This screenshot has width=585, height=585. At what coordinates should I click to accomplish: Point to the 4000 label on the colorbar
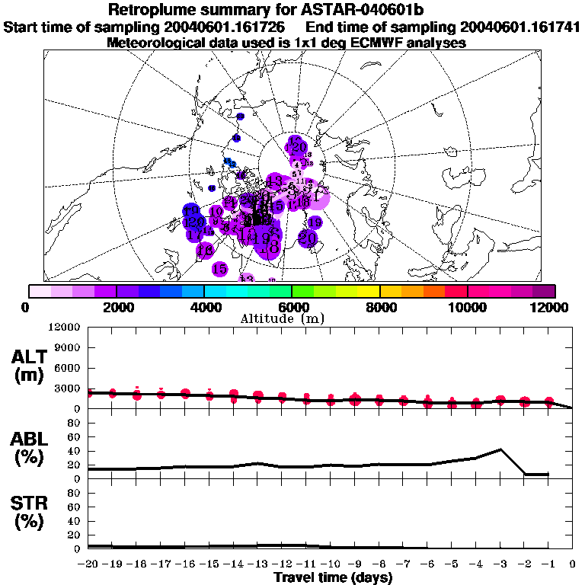(x=204, y=308)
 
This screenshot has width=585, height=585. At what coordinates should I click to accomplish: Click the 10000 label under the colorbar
(x=467, y=308)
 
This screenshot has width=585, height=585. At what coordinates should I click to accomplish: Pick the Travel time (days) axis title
(x=333, y=577)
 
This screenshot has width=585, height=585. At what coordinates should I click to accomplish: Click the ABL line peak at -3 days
(x=500, y=449)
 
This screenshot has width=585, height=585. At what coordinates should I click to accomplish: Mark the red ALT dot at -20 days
(x=89, y=393)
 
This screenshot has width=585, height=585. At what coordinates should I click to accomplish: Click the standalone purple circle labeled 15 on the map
(x=219, y=269)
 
